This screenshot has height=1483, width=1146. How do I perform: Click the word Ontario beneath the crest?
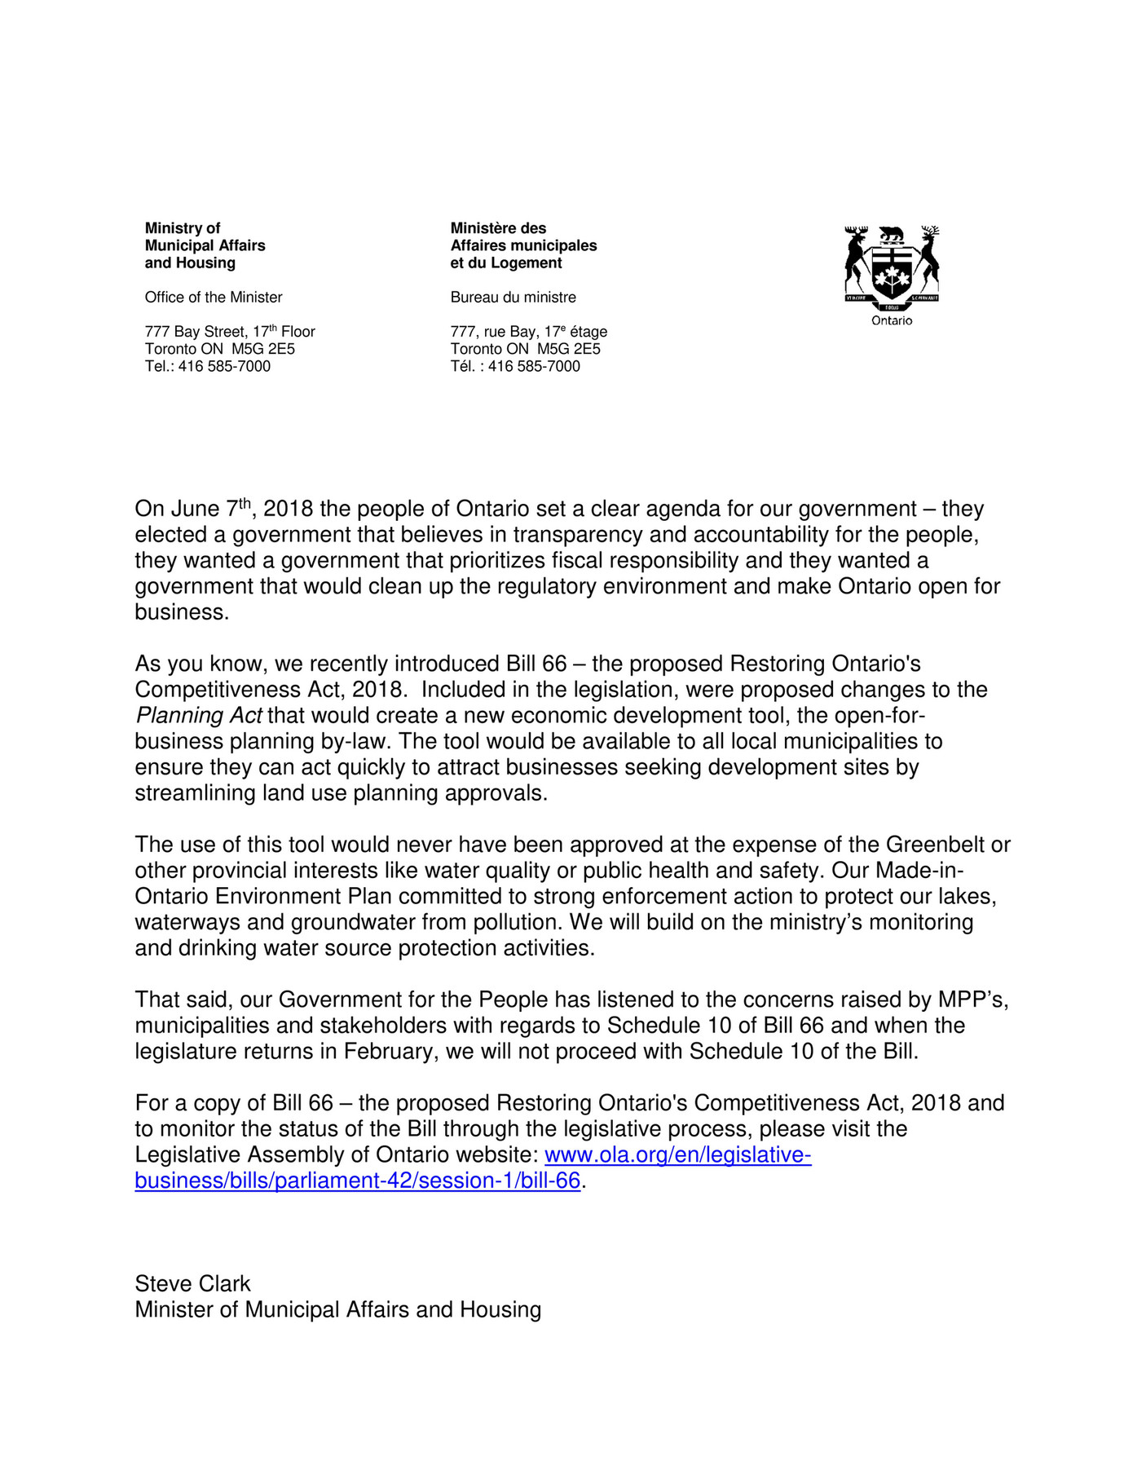pos(892,320)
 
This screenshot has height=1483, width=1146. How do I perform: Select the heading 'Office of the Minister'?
pos(214,298)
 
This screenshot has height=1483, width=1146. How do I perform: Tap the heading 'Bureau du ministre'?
pos(513,298)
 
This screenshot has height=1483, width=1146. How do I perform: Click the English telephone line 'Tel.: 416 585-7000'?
pos(208,366)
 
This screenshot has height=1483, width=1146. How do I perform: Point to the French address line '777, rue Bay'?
pos(528,332)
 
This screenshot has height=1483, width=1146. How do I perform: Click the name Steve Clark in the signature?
pos(192,1283)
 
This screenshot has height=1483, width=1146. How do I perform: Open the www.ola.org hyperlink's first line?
pos(677,1154)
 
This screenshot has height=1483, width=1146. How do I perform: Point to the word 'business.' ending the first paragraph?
pos(182,612)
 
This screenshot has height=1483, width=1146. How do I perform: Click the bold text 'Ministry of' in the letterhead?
pos(183,228)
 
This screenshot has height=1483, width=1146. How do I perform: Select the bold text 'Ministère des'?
pos(498,228)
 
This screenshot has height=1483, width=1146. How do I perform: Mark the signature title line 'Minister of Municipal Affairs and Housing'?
pos(337,1309)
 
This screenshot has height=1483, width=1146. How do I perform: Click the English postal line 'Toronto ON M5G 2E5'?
pos(220,349)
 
